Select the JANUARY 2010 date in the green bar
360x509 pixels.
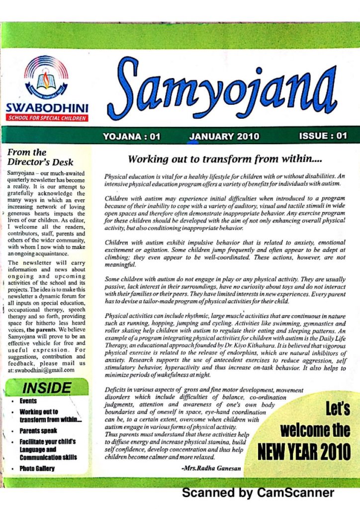[224, 137]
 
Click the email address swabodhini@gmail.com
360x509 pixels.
[44, 370]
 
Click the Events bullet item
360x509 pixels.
[28, 401]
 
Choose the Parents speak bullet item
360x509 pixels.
[38, 431]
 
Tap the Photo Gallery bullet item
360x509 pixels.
[37, 468]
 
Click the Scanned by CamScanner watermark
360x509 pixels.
[258, 493]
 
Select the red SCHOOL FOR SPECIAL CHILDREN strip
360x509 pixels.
[47, 118]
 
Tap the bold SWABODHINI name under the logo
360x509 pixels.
[47, 108]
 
